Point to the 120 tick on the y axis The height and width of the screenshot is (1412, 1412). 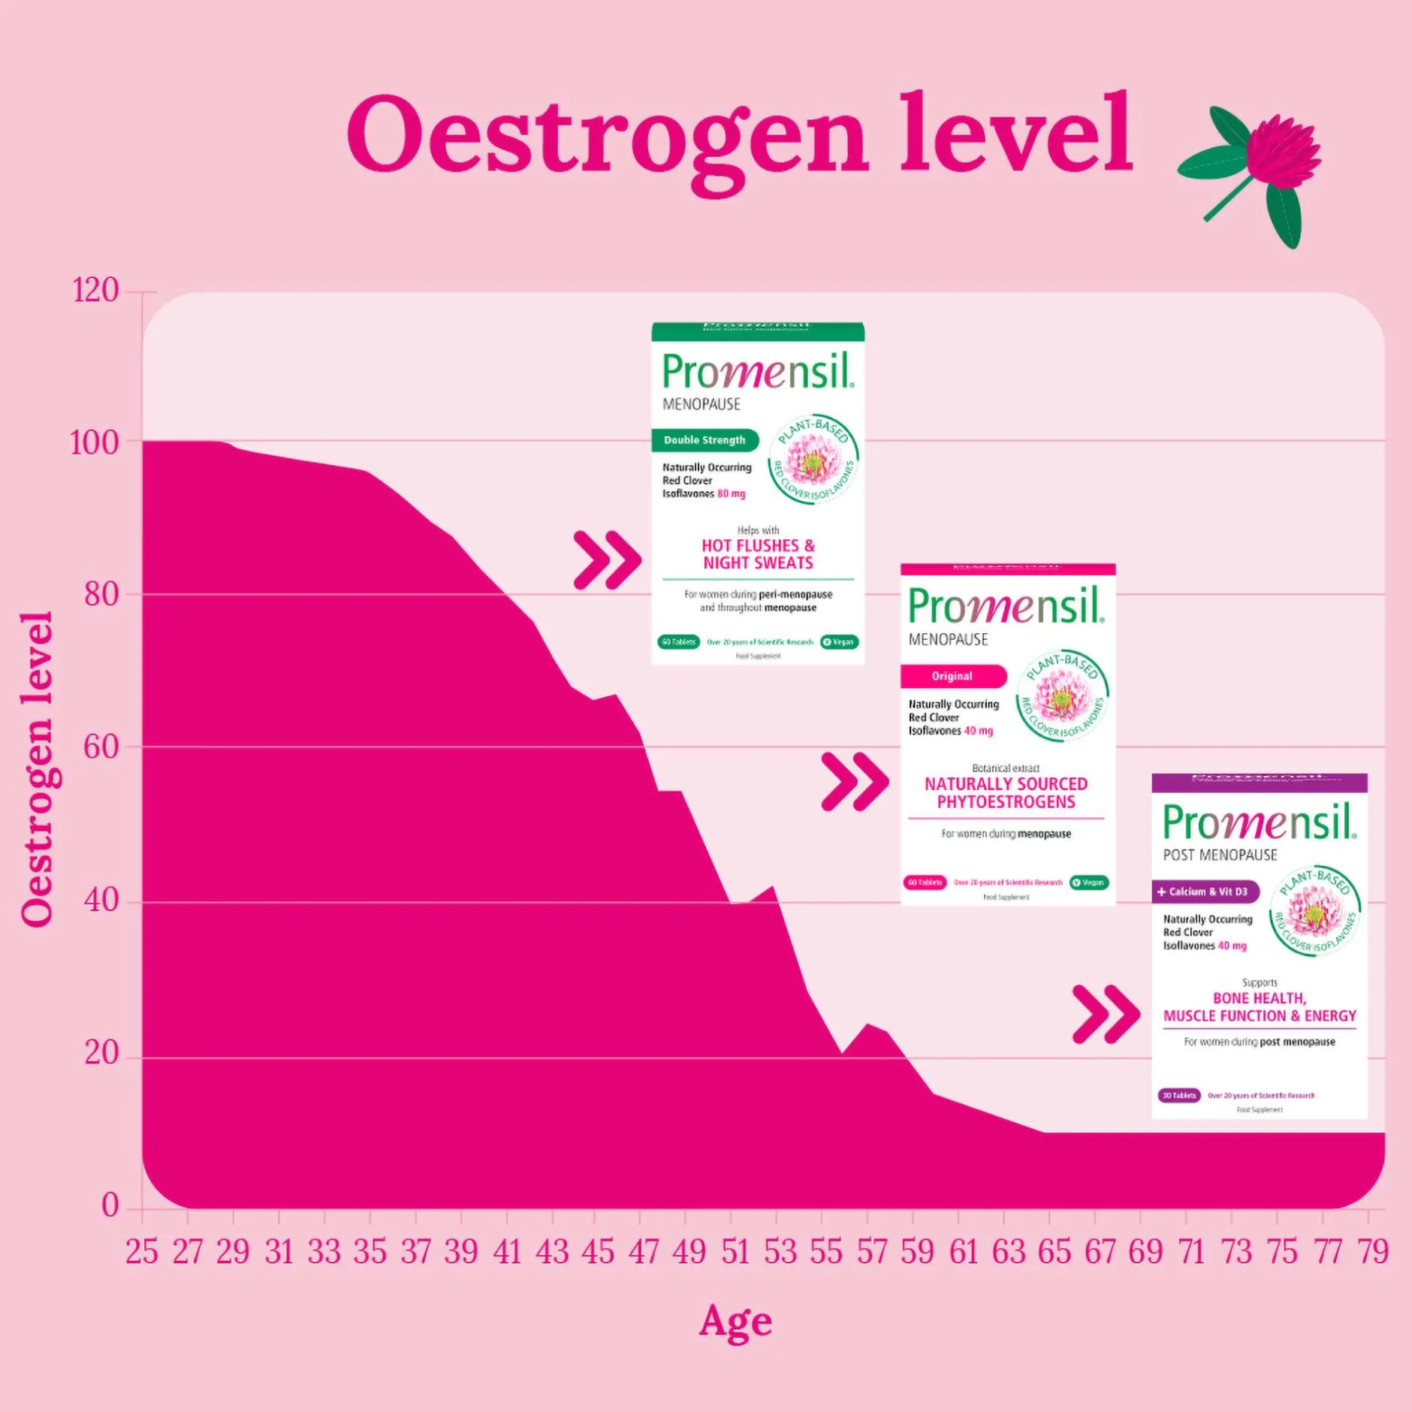95,291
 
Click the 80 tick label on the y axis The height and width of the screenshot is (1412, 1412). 101,594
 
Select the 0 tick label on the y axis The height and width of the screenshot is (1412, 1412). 110,1205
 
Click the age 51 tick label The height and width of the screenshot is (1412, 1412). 735,1252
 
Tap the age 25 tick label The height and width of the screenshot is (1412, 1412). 142,1252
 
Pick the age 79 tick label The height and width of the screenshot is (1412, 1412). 1372,1252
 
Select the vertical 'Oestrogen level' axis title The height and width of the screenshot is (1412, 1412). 37,769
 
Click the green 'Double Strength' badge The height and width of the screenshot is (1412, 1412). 704,440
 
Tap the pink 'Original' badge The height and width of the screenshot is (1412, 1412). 952,676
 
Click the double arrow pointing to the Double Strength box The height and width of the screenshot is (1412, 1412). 607,560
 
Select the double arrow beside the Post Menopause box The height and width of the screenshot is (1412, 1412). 1106,1015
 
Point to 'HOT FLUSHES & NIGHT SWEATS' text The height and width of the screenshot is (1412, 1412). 758,554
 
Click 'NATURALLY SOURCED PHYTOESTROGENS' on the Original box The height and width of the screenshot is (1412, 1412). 1006,792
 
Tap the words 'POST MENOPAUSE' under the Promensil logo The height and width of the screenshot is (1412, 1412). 1220,855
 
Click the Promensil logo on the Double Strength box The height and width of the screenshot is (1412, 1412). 757,371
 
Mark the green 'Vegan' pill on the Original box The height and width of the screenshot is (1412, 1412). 1089,882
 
